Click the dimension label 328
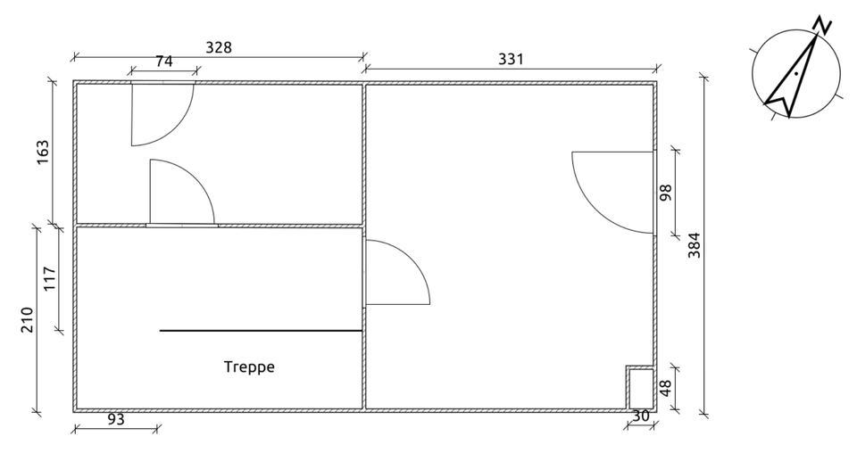219,48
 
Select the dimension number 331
511,59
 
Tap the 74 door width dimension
164,62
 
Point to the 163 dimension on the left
43,152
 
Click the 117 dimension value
50,279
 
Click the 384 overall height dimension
695,245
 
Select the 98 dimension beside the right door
665,193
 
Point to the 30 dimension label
641,416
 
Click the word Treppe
249,367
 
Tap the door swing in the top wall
161,114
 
